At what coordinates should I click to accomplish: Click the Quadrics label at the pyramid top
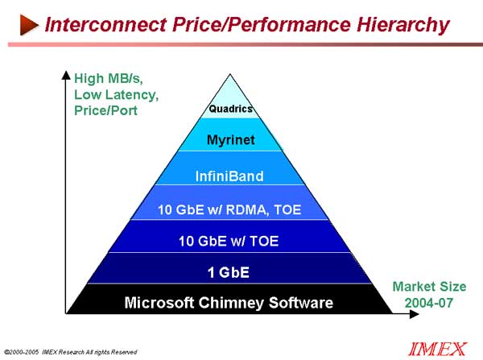(231, 109)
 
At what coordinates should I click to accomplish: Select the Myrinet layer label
(231, 140)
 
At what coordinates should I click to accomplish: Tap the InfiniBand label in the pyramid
(229, 176)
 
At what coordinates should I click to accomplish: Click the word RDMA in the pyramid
(246, 210)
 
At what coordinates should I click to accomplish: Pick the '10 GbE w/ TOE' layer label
(229, 241)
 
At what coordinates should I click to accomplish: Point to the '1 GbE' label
(229, 272)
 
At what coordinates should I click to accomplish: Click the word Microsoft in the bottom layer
(159, 303)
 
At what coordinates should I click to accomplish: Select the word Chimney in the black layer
(231, 304)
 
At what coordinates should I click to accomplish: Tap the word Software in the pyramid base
(301, 303)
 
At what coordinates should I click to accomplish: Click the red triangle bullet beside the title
(29, 25)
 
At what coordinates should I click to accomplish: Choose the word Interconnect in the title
(105, 25)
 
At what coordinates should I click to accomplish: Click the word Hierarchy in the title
(403, 26)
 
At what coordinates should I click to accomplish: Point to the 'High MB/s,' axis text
(109, 79)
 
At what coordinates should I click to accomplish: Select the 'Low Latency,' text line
(117, 95)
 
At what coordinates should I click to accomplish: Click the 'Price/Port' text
(105, 110)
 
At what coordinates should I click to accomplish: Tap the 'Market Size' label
(429, 287)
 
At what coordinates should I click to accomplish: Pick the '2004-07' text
(429, 303)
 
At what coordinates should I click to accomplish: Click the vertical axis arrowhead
(66, 75)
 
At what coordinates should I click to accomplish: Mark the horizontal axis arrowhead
(415, 314)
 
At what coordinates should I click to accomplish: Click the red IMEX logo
(437, 350)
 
